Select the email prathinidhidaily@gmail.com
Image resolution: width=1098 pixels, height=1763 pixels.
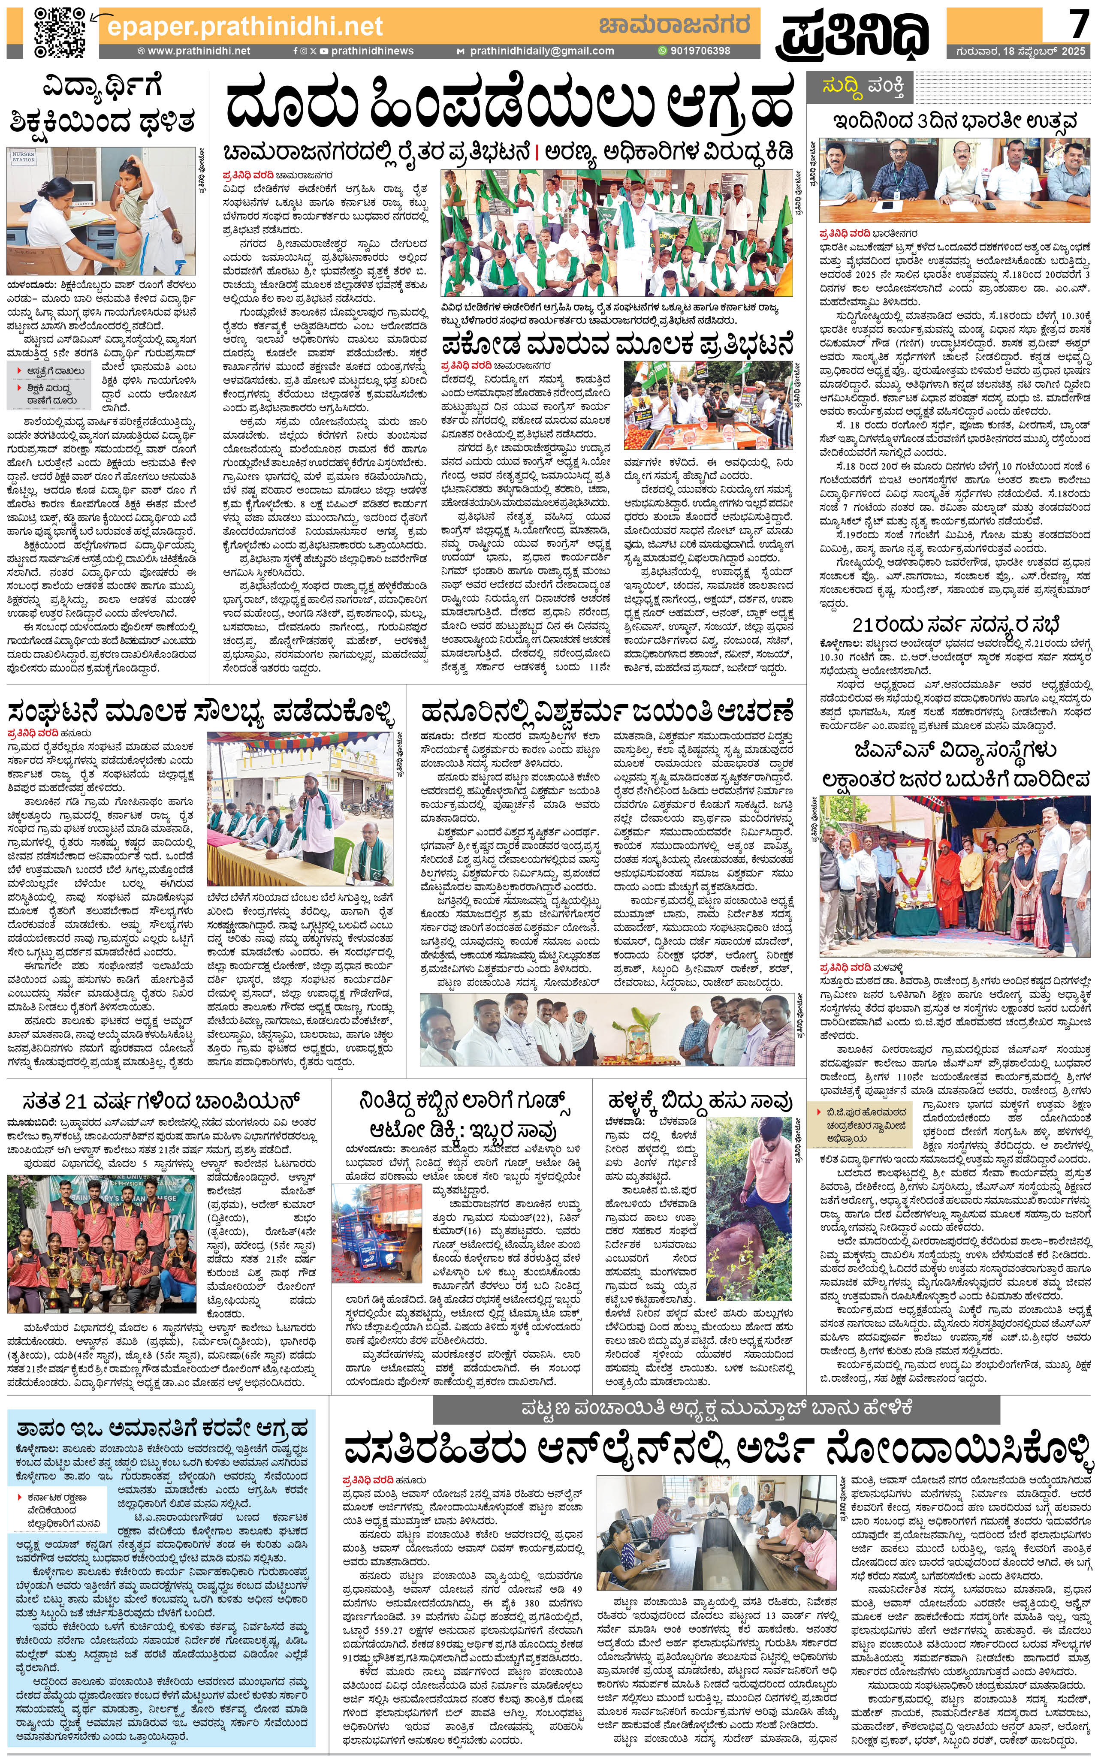[541, 51]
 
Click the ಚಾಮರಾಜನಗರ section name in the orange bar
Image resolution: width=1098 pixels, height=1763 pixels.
[674, 25]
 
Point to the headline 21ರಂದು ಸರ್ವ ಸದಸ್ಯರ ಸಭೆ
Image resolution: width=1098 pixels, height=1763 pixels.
[956, 625]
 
